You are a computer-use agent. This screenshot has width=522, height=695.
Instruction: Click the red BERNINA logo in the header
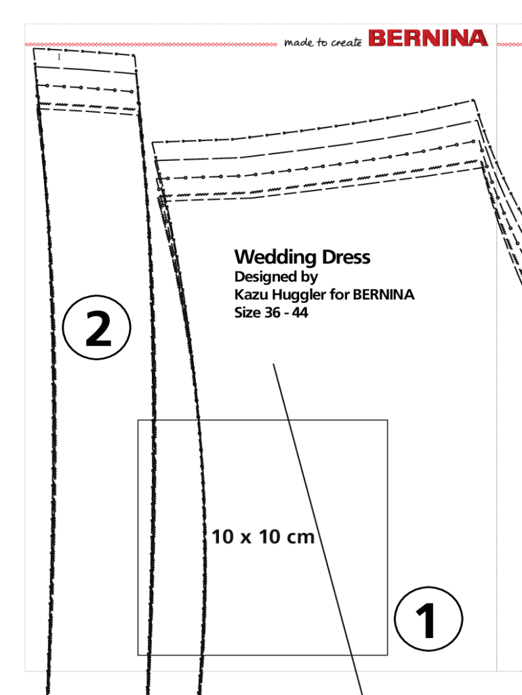coord(428,38)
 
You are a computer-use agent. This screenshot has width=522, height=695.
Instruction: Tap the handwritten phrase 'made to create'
coord(323,43)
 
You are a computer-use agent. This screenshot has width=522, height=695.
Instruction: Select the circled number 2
coord(98,331)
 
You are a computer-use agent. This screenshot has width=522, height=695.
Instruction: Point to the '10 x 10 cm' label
coord(263,538)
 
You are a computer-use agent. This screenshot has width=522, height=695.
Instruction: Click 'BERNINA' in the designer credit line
coord(384,295)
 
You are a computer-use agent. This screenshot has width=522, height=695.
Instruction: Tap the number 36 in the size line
coord(271,314)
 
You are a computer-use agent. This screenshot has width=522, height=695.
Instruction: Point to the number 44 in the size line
coord(300,314)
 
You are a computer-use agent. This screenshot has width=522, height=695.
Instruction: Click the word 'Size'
coord(246,314)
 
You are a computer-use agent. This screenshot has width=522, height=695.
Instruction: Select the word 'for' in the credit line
coord(340,295)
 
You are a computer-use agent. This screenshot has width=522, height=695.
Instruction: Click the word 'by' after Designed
coord(309,278)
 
